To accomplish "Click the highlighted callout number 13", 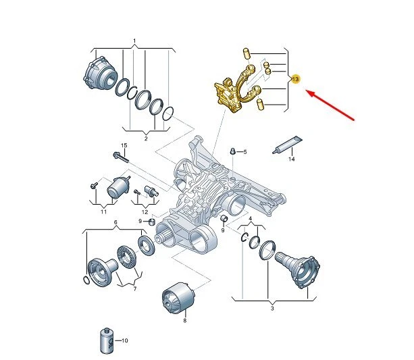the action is pos(295,79).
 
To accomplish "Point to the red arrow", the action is pos(330,105).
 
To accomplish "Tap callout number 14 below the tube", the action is pos(291,159).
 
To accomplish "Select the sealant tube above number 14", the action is pos(287,145).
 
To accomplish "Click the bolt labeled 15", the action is pos(121,157).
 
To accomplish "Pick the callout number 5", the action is pos(245,152).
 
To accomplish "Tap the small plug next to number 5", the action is pos(232,151).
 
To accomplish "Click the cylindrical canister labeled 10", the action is pos(107,341).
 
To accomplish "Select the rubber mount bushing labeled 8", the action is pos(179,297).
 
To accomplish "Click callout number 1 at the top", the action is pos(134,41).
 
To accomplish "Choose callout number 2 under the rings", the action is pos(146,138).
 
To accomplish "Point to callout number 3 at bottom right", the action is pos(272,308).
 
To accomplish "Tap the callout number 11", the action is pos(103,212).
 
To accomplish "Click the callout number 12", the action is pos(145,212).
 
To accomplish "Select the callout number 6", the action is pos(115,222).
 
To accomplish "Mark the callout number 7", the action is pos(135,289).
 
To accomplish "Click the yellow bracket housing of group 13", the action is pos(228,95).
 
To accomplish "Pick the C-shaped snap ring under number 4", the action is pos(244,237).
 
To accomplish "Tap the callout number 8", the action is pos(185,321).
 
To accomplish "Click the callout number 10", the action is pos(125,340).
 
